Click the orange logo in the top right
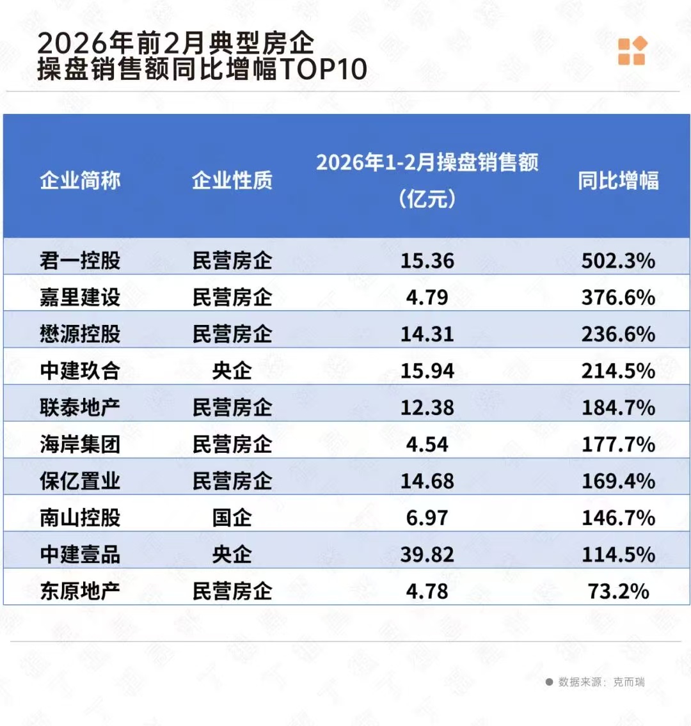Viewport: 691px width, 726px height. click(x=631, y=51)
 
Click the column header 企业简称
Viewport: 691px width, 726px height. click(x=80, y=180)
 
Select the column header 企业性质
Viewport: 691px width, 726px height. click(x=232, y=180)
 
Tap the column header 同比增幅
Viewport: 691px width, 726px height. click(x=618, y=180)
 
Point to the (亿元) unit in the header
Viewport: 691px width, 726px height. click(x=427, y=199)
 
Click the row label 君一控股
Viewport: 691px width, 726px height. click(x=80, y=260)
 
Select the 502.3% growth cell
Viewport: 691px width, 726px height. click(x=618, y=260)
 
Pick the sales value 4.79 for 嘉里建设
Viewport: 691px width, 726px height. click(x=427, y=297)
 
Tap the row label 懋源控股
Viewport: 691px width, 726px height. click(x=80, y=334)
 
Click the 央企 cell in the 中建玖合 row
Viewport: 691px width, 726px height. click(x=232, y=370)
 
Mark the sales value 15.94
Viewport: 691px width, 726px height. click(x=427, y=370)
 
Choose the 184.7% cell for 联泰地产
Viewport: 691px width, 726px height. click(x=618, y=407)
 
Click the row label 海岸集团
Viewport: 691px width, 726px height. click(x=80, y=444)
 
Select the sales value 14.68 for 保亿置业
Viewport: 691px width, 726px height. click(x=427, y=481)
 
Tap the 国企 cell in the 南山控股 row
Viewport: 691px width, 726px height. click(x=232, y=517)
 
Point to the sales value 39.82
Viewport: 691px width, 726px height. click(x=427, y=555)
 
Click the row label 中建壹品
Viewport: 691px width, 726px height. click(x=80, y=555)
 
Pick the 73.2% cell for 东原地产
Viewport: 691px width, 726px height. click(x=618, y=591)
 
